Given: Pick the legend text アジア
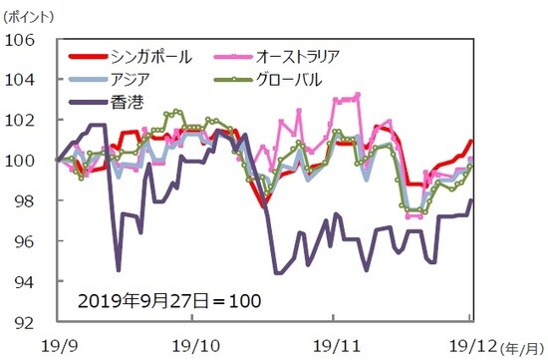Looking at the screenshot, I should pos(130,80).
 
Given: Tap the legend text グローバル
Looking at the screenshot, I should pos(313,80).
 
